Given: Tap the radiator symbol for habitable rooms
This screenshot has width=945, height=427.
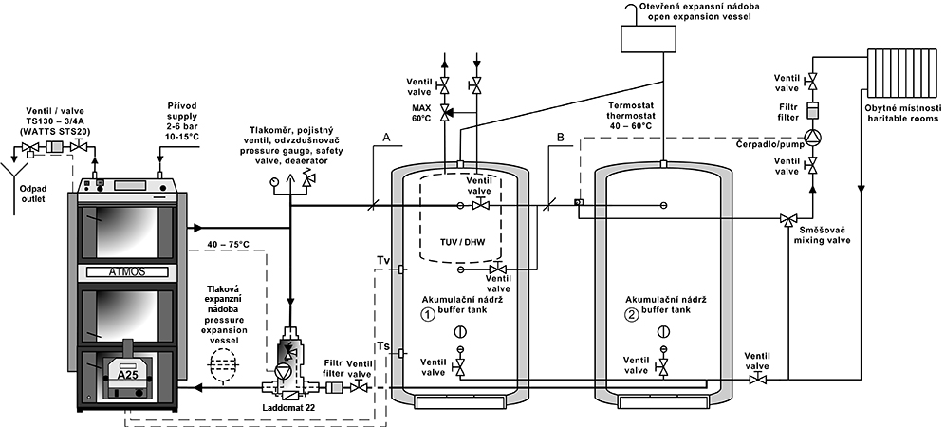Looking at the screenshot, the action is [902, 72].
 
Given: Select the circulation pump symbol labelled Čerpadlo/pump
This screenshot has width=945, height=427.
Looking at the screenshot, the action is [812, 137].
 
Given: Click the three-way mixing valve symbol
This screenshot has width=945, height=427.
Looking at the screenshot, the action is [787, 220].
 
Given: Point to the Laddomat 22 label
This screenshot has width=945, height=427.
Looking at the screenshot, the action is [288, 408].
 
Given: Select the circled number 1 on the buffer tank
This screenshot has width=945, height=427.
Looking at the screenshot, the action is [427, 314].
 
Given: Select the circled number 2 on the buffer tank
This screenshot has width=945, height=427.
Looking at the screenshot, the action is [631, 314].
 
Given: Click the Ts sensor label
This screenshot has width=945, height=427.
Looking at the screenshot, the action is [383, 345].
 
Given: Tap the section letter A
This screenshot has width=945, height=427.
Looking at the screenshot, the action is [386, 137].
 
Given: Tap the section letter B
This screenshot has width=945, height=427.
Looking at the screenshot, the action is [561, 137].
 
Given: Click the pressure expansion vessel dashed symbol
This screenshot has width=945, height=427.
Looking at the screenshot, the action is [220, 365].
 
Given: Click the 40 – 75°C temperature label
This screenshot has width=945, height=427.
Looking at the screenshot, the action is [227, 244].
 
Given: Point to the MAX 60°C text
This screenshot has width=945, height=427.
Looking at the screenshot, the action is [418, 112].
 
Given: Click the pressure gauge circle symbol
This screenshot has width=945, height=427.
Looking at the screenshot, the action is [275, 179].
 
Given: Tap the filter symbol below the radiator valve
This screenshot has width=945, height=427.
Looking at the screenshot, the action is [812, 110].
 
